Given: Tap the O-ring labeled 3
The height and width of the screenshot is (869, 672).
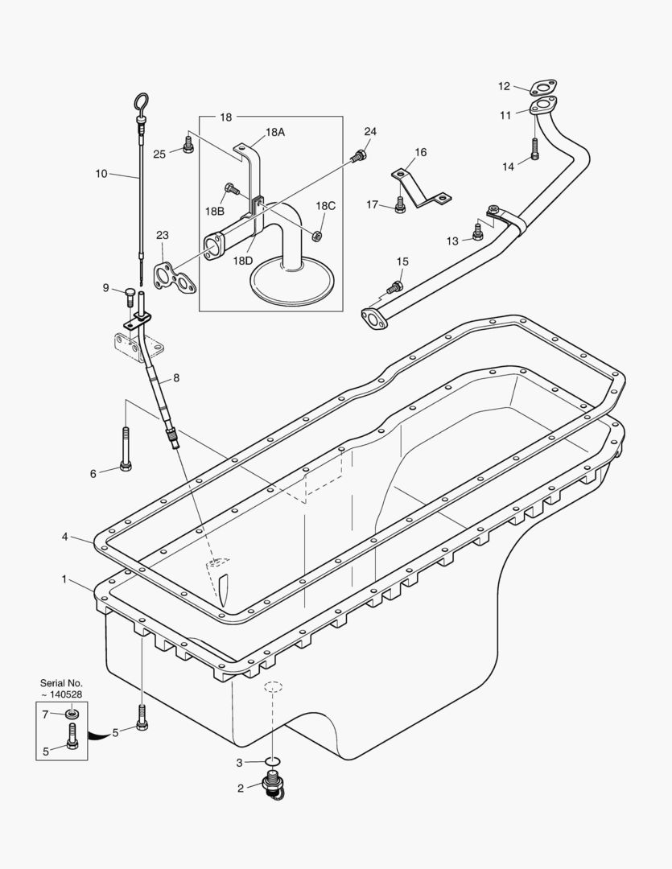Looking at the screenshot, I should [x=272, y=761].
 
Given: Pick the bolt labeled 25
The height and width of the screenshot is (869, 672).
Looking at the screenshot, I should [x=188, y=146].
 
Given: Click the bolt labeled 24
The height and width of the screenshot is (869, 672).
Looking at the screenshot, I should [x=360, y=154].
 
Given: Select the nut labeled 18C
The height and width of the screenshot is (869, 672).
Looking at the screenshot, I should [x=317, y=236].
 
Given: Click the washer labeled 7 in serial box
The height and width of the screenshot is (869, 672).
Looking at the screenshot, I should [x=72, y=714].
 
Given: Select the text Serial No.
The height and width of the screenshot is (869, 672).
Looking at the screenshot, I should [x=61, y=683].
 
